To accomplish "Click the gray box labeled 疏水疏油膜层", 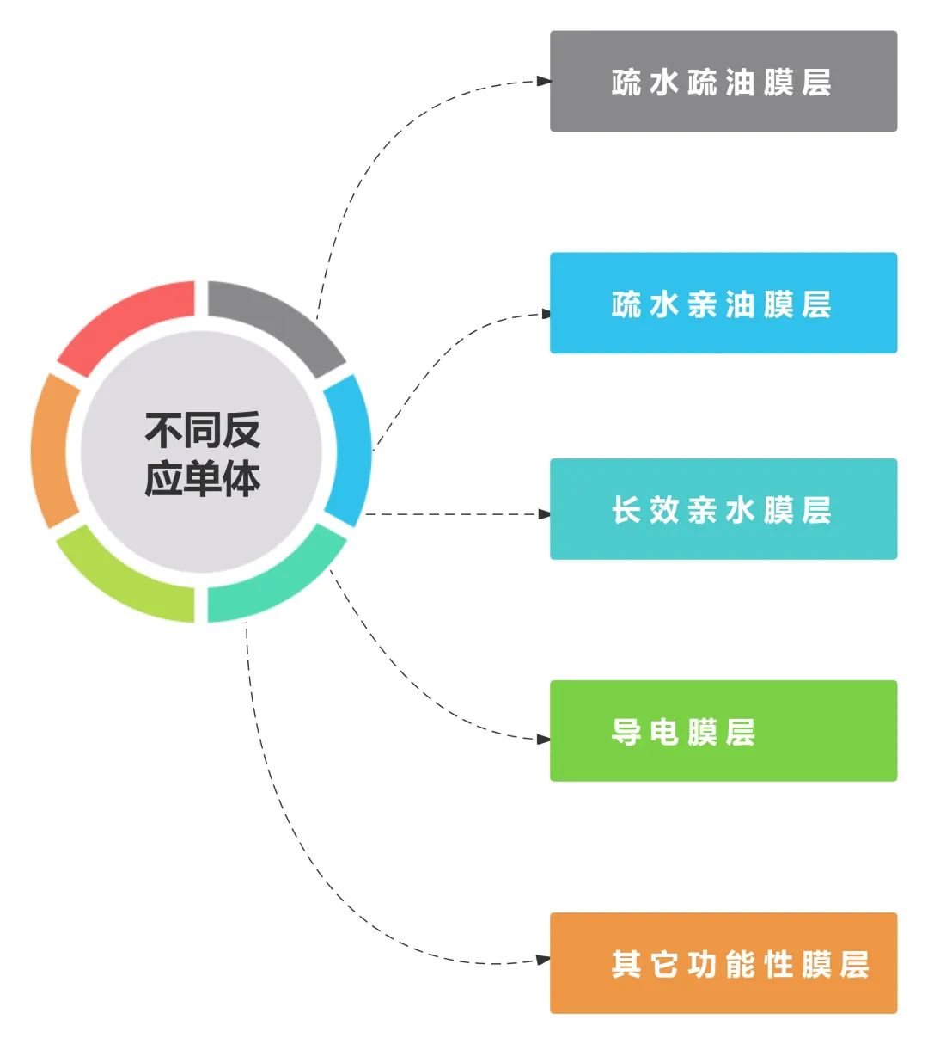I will [x=723, y=82].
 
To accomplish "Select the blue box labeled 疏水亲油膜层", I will [x=723, y=303].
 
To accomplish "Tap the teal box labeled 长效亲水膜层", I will [x=723, y=509].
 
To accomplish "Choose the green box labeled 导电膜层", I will [x=723, y=731].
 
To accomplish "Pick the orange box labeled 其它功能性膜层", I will [x=723, y=963].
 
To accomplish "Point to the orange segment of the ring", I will [x=53, y=450].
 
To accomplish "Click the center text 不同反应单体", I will [x=202, y=453].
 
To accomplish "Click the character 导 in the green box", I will [x=626, y=732].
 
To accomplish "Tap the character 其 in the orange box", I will [x=626, y=964].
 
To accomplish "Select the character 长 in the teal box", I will [x=626, y=510].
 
